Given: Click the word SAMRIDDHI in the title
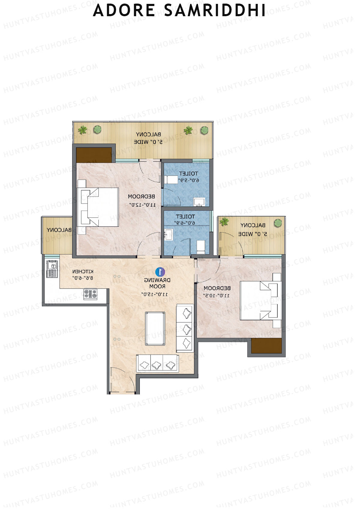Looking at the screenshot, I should click(215, 10).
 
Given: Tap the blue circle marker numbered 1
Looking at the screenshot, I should click(160, 272).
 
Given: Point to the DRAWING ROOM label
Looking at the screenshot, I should click(157, 283).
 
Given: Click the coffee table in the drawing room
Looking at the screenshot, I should click(155, 329).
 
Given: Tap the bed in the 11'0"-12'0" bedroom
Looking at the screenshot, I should click(99, 207).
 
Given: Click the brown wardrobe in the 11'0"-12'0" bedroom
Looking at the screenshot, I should click(94, 155).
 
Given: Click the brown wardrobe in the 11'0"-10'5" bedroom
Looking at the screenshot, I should click(266, 346).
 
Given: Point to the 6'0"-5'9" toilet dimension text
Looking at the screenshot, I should click(188, 180).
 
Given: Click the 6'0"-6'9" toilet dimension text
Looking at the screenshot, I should click(184, 223).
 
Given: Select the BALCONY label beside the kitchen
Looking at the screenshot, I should click(59, 230).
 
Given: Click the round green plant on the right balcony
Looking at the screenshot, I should click(278, 223).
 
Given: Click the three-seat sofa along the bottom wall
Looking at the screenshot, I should click(157, 364).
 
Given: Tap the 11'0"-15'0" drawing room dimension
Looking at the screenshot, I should click(154, 294).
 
